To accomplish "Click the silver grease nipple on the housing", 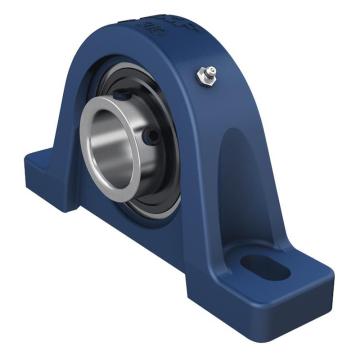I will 209,72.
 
